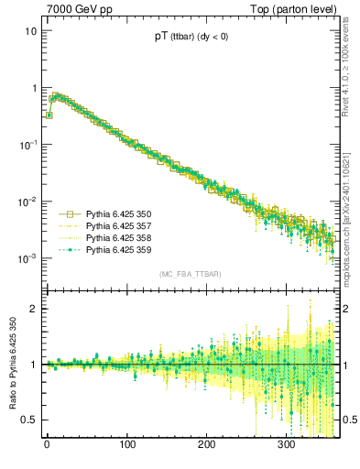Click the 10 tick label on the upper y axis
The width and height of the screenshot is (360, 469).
pos(30,31)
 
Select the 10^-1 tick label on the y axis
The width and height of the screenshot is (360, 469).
pos(27,145)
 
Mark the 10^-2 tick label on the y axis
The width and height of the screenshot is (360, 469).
pos(27,202)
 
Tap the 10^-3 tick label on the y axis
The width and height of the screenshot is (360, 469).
pos(27,258)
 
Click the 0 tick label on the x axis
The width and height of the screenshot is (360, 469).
pos(47,446)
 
